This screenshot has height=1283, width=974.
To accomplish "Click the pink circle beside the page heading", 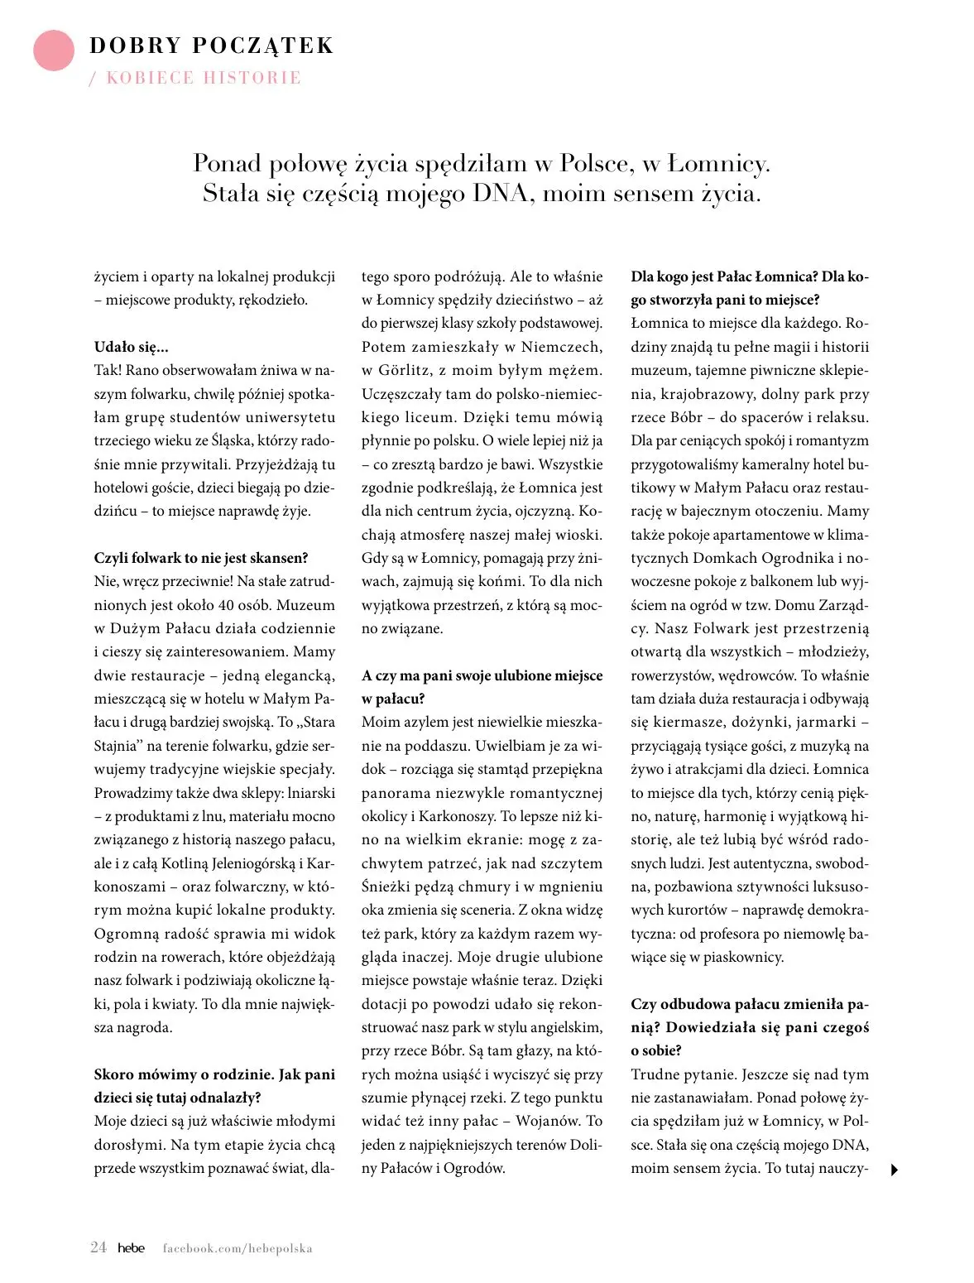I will click(54, 50).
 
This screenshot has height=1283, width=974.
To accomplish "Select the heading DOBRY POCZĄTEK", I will click(211, 46).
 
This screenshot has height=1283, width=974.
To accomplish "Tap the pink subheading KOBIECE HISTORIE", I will click(204, 78).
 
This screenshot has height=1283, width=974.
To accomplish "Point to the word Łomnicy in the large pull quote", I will click(717, 164).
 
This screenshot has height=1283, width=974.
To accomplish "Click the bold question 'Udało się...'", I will click(131, 347).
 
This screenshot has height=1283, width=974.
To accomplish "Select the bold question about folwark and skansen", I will click(200, 558).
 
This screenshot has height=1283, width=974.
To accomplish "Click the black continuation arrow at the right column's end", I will click(894, 1170).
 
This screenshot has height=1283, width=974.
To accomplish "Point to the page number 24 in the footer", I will click(98, 1247).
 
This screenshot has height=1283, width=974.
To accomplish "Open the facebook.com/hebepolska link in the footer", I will click(238, 1248).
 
